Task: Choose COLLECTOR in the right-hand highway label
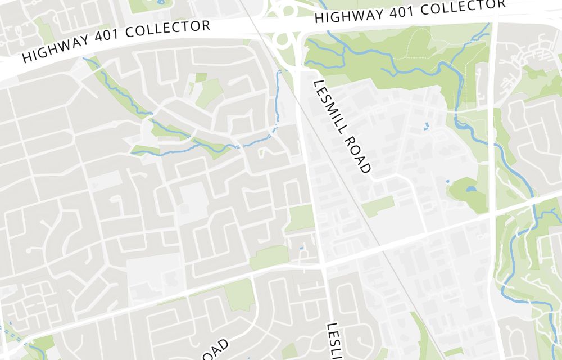tap(461, 7)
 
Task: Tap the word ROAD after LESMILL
tap(360, 155)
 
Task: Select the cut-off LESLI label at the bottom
tap(334, 340)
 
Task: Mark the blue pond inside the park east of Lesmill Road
tap(470, 189)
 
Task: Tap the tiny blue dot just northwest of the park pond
tap(447, 181)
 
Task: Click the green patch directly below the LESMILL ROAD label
tap(378, 206)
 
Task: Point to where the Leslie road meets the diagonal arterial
tap(324, 264)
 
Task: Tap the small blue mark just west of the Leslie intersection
tap(302, 247)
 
